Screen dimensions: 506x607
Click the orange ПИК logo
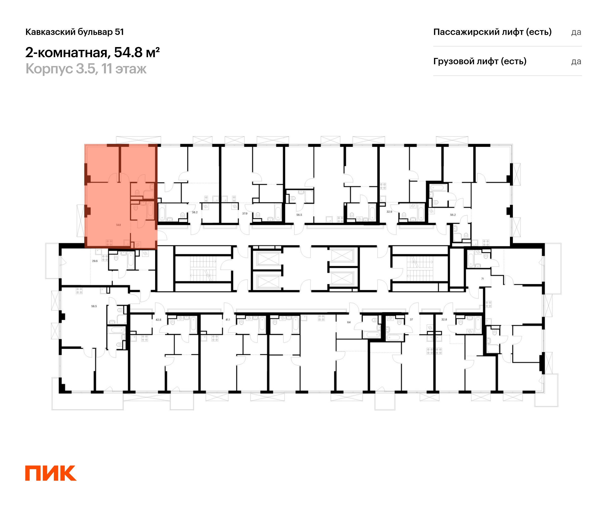pyautogui.click(x=51, y=473)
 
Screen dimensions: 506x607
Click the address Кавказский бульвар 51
pyautogui.click(x=75, y=32)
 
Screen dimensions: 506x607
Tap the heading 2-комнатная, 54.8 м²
pyautogui.click(x=93, y=52)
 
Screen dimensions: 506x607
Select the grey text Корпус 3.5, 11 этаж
pyautogui.click(x=86, y=69)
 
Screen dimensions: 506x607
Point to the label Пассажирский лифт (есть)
pyautogui.click(x=492, y=32)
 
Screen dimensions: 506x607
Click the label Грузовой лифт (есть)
pyautogui.click(x=480, y=61)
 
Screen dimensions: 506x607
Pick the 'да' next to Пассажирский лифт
pyautogui.click(x=576, y=32)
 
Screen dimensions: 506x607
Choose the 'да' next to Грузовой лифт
pyautogui.click(x=576, y=61)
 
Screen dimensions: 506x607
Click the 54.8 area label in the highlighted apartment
pyautogui.click(x=119, y=225)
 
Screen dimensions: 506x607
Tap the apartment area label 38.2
pyautogui.click(x=195, y=212)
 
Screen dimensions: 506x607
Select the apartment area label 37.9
pyautogui.click(x=245, y=213)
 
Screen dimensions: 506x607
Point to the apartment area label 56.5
pyautogui.click(x=299, y=215)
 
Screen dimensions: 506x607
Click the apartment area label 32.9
pyautogui.click(x=389, y=212)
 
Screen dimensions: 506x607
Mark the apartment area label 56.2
pyautogui.click(x=453, y=215)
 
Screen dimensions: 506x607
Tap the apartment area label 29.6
pyautogui.click(x=95, y=261)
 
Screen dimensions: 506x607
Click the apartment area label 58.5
pyautogui.click(x=94, y=306)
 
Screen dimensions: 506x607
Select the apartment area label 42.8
pyautogui.click(x=158, y=320)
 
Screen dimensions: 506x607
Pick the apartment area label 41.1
pyautogui.click(x=228, y=320)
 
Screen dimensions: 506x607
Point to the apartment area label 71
pyautogui.click(x=482, y=279)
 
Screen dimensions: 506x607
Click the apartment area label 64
pyautogui.click(x=349, y=322)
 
